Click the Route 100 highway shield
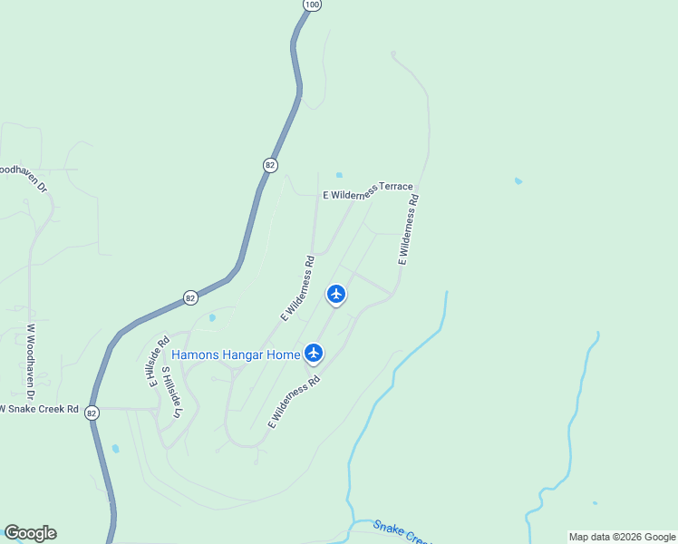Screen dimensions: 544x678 pyautogui.click(x=312, y=5)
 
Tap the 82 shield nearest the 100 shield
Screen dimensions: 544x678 pyautogui.click(x=270, y=165)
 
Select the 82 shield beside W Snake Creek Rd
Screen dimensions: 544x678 pyautogui.click(x=92, y=413)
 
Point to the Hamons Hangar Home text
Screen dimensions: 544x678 pyautogui.click(x=235, y=355)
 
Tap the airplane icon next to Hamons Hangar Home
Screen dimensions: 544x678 pyautogui.click(x=314, y=353)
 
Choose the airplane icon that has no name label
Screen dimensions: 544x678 pyautogui.click(x=336, y=294)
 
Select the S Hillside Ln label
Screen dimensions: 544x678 pyautogui.click(x=170, y=392)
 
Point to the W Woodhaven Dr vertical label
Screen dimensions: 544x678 pyautogui.click(x=30, y=363)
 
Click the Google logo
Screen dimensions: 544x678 pyautogui.click(x=30, y=533)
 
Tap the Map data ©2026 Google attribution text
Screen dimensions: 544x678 pyautogui.click(x=622, y=537)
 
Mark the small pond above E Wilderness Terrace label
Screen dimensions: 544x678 pyautogui.click(x=339, y=175)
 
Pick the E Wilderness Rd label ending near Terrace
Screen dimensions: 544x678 pyautogui.click(x=408, y=228)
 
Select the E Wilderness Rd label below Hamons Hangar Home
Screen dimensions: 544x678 pyautogui.click(x=295, y=402)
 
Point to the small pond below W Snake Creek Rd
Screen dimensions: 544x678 pyautogui.click(x=115, y=448)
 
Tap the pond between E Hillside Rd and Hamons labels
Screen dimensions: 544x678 pyautogui.click(x=212, y=317)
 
